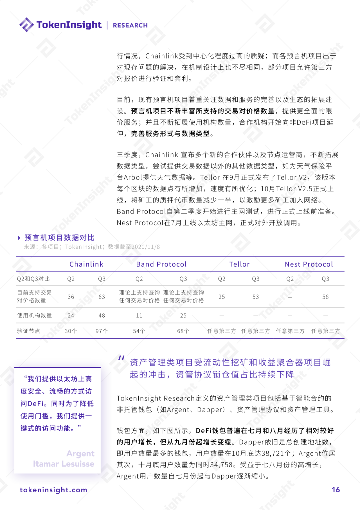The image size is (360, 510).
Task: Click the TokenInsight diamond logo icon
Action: [26, 25]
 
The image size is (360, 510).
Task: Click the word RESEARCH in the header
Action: [130, 25]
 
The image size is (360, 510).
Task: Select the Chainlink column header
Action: [86, 264]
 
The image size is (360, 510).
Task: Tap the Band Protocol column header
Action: [161, 264]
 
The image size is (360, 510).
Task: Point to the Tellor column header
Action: [239, 264]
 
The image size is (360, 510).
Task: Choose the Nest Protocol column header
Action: [309, 264]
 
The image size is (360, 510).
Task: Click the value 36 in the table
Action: [71, 297]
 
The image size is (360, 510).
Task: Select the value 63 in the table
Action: [102, 297]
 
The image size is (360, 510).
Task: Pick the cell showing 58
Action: [325, 297]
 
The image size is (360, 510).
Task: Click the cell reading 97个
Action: [102, 331]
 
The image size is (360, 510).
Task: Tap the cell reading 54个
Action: [139, 331]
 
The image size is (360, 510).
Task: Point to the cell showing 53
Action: [256, 297]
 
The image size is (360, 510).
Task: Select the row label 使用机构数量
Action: [34, 315]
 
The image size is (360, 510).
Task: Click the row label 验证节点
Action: [29, 331]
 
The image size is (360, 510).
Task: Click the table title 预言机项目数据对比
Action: [59, 237]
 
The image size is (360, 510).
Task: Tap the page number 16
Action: [336, 490]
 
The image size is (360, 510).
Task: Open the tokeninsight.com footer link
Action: [53, 490]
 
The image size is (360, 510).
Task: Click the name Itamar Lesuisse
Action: [64, 464]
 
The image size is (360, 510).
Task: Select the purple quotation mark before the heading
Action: [121, 358]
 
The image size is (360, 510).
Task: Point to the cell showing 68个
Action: [183, 331]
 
